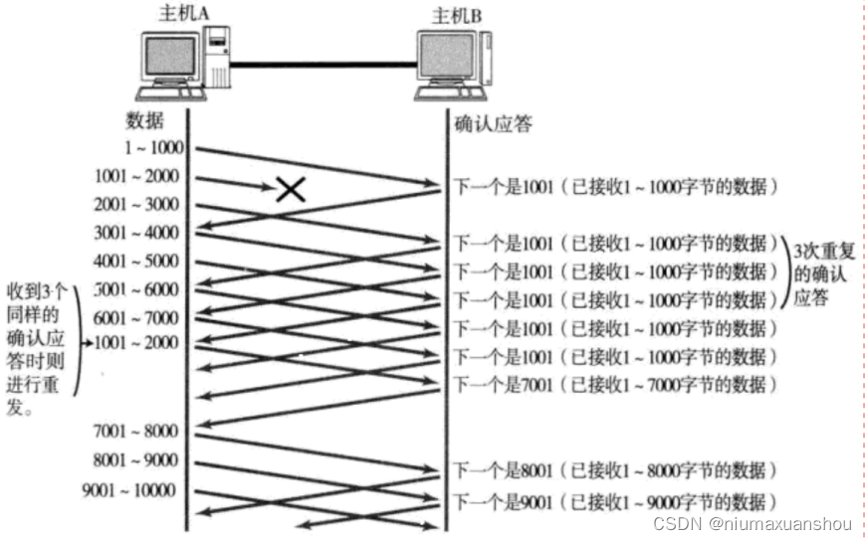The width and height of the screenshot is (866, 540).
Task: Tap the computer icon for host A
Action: click(x=185, y=66)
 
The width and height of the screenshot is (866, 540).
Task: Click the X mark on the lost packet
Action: click(x=290, y=188)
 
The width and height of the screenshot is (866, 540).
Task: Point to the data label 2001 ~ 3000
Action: click(x=138, y=205)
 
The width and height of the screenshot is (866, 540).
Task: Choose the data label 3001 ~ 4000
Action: click(x=138, y=234)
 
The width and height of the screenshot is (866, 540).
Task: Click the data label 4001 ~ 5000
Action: click(x=138, y=262)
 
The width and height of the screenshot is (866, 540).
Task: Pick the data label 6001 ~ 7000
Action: click(x=138, y=318)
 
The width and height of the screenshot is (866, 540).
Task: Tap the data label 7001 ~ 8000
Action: click(x=138, y=432)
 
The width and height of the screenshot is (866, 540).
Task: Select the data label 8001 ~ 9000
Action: click(x=138, y=460)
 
